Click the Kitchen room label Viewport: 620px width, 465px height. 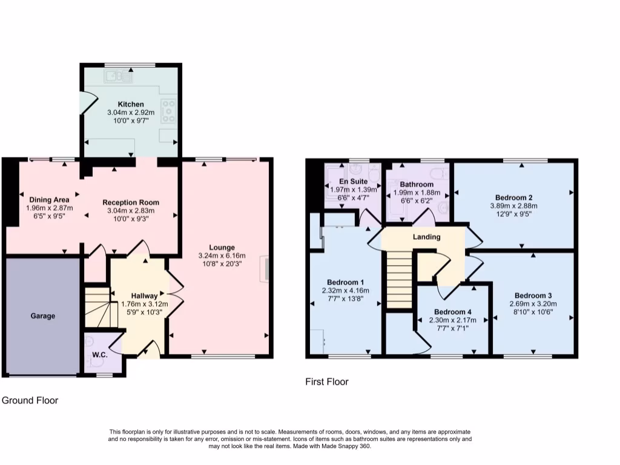click(130, 104)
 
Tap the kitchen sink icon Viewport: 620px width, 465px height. click(118, 76)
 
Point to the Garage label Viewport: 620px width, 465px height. click(43, 316)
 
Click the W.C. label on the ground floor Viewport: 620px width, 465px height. click(100, 355)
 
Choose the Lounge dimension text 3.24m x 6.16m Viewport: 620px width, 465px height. click(222, 256)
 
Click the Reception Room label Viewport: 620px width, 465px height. click(130, 202)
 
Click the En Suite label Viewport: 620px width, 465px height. click(353, 180)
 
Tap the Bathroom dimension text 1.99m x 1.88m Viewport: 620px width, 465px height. click(417, 193)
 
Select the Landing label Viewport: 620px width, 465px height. click(426, 237)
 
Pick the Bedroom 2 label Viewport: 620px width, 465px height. click(513, 197)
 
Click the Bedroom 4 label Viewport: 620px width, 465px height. click(452, 312)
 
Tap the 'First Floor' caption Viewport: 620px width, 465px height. click(326, 382)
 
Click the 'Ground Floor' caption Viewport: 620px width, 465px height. click(30, 400)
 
